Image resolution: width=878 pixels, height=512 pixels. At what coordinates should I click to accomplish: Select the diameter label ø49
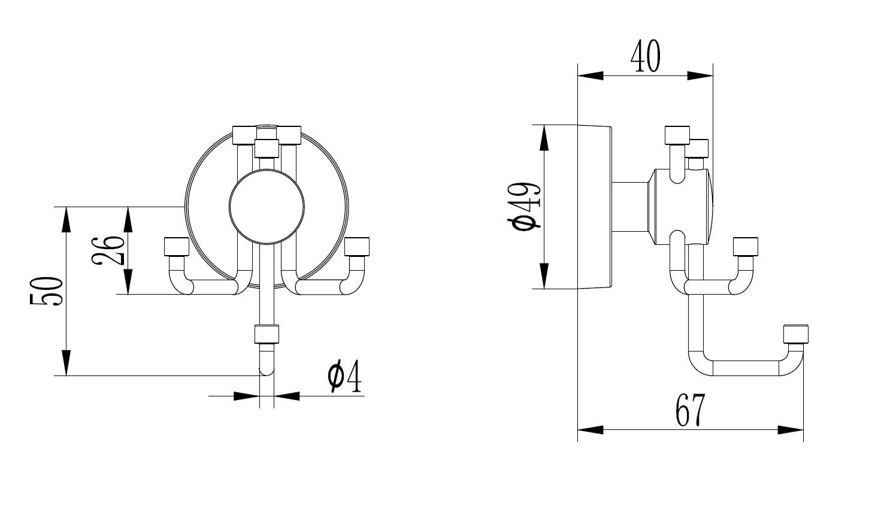524,207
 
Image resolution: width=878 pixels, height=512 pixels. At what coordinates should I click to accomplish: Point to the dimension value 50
46,291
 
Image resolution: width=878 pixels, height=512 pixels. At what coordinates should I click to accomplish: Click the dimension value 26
108,251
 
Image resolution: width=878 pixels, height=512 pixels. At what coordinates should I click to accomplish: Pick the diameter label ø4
344,376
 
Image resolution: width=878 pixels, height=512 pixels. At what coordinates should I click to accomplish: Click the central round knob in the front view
267,207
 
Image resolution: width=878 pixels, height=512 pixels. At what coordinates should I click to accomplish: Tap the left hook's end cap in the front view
177,247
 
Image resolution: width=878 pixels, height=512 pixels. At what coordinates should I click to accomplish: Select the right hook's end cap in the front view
357,247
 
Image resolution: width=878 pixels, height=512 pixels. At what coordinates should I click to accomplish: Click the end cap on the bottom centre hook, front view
267,334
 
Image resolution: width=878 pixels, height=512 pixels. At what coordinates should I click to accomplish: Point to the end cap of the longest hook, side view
796,334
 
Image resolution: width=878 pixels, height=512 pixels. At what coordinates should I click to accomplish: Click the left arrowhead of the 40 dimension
591,75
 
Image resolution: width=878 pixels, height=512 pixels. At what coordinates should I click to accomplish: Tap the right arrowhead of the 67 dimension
791,430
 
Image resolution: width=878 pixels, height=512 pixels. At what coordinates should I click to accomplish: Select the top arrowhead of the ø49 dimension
544,138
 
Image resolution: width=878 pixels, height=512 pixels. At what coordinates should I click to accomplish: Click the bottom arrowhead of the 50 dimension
66,363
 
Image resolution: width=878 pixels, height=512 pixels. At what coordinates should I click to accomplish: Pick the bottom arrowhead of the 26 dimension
128,281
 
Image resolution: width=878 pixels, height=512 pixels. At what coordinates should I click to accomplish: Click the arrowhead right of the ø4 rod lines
286,396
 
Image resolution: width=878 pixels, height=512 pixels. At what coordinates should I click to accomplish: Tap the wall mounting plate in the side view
594,207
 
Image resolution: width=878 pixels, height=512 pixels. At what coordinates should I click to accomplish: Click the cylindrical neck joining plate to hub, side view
630,207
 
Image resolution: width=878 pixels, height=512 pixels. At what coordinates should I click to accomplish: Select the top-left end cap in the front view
244,135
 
